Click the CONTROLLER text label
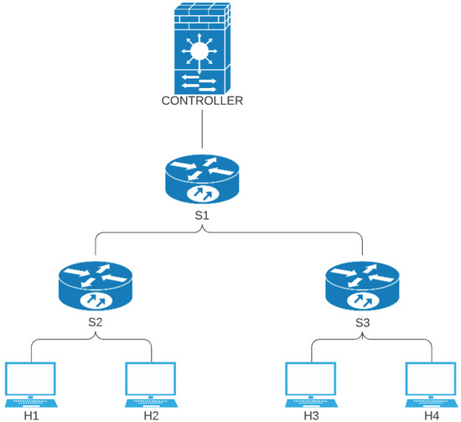click(x=202, y=102)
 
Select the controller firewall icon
click(x=202, y=49)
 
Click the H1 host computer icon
click(x=30, y=382)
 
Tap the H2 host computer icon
click(x=151, y=382)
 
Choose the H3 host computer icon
click(x=310, y=382)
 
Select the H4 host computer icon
click(x=430, y=382)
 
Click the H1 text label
click(x=30, y=414)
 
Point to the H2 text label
click(x=151, y=414)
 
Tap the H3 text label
click(x=310, y=414)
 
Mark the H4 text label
click(x=430, y=414)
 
